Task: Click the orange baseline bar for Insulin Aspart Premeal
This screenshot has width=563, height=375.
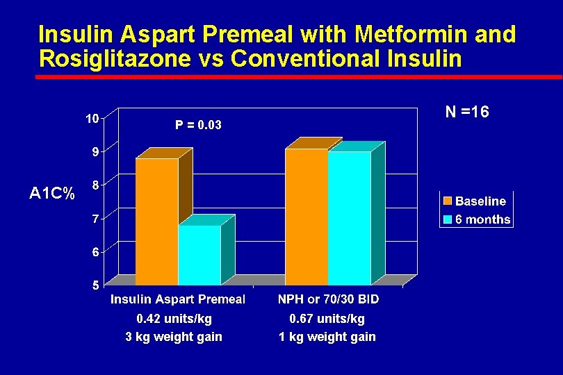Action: (156, 221)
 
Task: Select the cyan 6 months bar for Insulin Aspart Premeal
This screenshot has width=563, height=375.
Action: (199, 255)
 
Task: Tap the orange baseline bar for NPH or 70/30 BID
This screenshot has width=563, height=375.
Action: (307, 216)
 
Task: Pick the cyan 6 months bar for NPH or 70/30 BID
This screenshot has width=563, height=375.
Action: (349, 217)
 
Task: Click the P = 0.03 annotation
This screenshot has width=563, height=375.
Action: (198, 125)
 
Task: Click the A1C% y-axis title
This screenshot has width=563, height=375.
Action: (52, 194)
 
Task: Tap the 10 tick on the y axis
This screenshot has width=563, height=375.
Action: (92, 118)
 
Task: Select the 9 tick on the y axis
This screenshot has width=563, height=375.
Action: (95, 151)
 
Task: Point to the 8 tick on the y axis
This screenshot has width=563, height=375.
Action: (95, 185)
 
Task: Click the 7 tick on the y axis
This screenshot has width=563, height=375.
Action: (95, 218)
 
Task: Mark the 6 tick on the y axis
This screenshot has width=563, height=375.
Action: (95, 251)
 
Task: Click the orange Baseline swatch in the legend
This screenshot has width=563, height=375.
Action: (448, 201)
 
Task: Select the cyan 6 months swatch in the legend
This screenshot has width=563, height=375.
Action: (448, 219)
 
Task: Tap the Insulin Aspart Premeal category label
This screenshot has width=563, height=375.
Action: (178, 299)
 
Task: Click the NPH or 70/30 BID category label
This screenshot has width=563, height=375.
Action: (328, 299)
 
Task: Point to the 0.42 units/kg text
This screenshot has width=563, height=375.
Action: (174, 319)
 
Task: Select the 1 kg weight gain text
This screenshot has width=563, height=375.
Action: (327, 337)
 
